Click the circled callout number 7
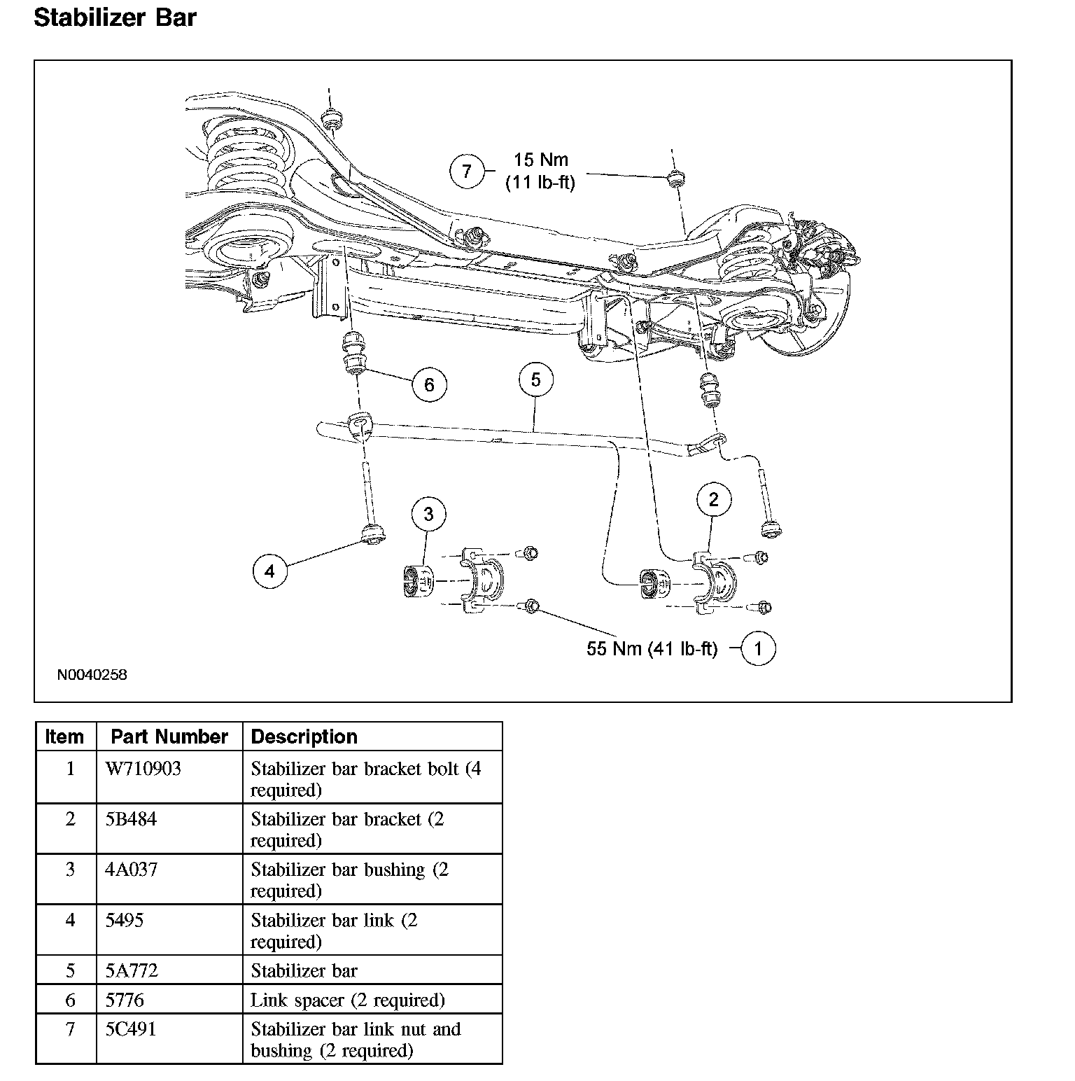coord(467,171)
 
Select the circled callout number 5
coord(536,379)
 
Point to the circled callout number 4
coord(270,571)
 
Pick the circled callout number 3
coord(428,515)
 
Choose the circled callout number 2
coord(714,499)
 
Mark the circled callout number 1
coord(757,648)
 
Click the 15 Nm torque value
coord(541,160)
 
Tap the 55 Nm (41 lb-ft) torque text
coord(652,649)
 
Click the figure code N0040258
coord(92,676)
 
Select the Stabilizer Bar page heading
coord(115,18)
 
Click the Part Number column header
coord(169,737)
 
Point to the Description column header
coord(304,737)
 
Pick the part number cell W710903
coord(143,769)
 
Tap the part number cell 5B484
coord(131,819)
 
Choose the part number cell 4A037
coord(132,870)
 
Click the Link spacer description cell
coord(347,1000)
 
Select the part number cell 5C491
coord(131,1029)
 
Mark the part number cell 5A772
coord(132,970)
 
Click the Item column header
coord(64,737)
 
